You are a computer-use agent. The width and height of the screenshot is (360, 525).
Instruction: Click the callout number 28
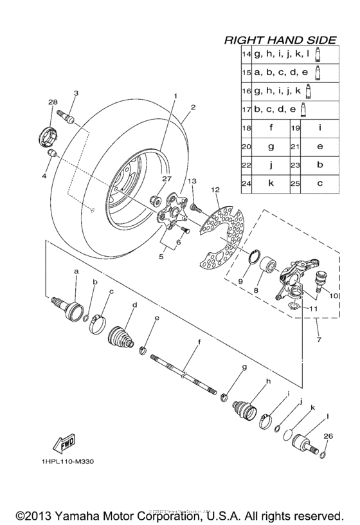53,102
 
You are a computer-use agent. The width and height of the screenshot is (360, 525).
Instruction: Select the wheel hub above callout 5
172,212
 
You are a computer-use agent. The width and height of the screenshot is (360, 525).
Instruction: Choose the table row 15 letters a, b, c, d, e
280,73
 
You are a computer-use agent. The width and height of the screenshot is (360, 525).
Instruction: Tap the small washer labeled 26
323,456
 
